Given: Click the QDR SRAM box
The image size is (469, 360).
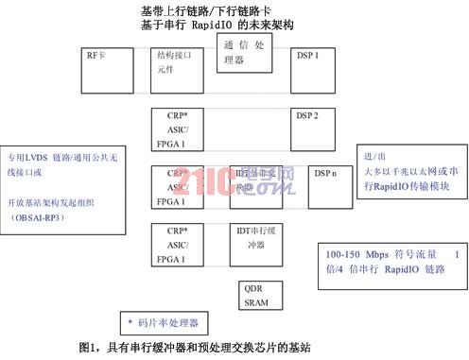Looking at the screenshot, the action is (x=255, y=297).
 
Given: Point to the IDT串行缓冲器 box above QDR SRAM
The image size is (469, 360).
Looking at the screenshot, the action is (x=258, y=242).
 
